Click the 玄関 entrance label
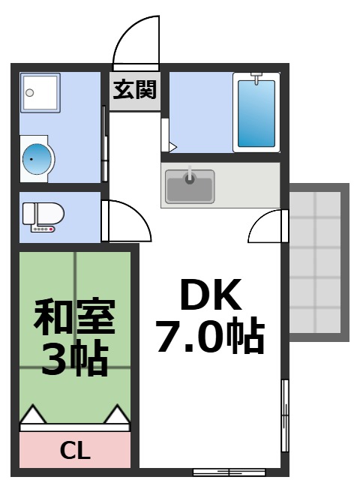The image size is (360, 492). point(136,91)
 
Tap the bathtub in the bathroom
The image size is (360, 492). point(256,112)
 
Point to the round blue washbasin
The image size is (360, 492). point(37,157)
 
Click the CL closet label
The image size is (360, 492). point(75,451)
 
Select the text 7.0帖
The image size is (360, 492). point(210,337)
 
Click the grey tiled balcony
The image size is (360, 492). point(318,262)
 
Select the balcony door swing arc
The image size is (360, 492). point(267,226)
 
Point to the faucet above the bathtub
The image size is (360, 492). point(256,76)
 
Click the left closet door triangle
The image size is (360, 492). point(31,414)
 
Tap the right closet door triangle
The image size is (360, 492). point(118,414)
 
